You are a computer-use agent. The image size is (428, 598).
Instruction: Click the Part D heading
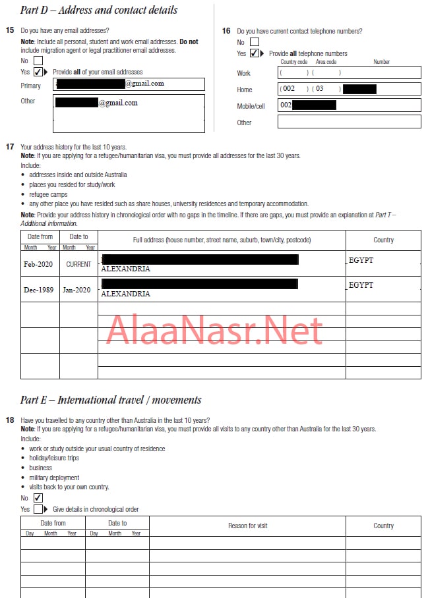[99, 10]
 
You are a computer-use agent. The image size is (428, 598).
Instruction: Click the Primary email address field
[129, 84]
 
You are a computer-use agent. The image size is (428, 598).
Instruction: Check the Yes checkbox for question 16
[254, 53]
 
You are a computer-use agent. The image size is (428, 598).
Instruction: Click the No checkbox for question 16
[254, 42]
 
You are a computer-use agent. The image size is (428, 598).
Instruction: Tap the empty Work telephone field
[349, 72]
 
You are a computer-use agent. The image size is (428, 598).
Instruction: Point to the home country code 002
[289, 89]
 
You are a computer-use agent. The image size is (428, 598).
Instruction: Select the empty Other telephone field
[349, 122]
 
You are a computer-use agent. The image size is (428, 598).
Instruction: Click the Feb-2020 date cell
[40, 263]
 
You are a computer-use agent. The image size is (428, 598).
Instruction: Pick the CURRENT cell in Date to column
[78, 263]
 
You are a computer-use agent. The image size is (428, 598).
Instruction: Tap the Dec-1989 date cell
[40, 288]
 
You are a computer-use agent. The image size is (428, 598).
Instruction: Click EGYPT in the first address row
[361, 261]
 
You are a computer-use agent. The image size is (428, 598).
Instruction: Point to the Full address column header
[221, 240]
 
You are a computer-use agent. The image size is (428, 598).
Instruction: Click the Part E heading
[111, 400]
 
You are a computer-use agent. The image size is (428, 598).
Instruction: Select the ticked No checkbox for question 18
[38, 498]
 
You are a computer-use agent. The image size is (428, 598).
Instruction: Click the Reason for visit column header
[247, 526]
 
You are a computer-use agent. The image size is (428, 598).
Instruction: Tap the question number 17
[10, 147]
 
